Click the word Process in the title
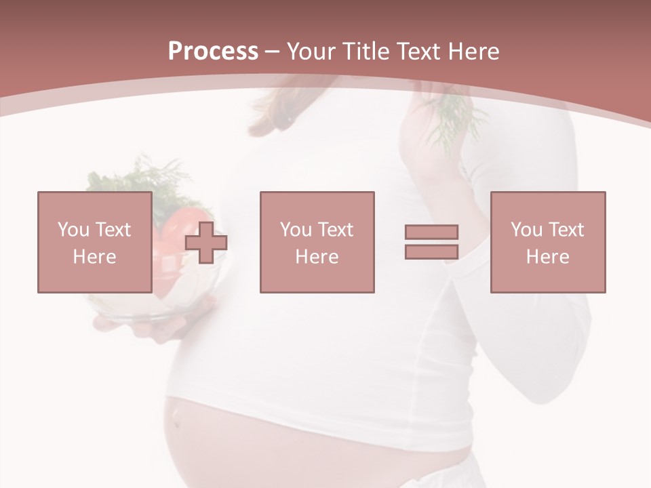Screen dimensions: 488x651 pos(213,52)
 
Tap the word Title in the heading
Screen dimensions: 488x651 pos(366,52)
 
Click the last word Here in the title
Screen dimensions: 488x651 pos(472,52)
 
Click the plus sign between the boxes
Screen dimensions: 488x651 pos(206,243)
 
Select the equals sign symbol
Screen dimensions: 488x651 pos(431,242)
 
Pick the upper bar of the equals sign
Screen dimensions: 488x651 pos(431,232)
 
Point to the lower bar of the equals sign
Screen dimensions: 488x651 pos(431,251)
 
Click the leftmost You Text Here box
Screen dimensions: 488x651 pos(94,242)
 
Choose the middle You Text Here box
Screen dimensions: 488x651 pos(317,242)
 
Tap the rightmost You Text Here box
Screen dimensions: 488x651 pos(547,242)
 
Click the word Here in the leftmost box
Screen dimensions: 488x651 pos(94,257)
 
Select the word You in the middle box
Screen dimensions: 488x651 pos(296,230)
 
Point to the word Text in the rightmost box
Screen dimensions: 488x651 pos(565,230)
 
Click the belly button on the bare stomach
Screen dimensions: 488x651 pos(177,422)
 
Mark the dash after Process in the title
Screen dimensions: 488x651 pos(273,52)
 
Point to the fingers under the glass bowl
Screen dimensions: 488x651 pos(163,329)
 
